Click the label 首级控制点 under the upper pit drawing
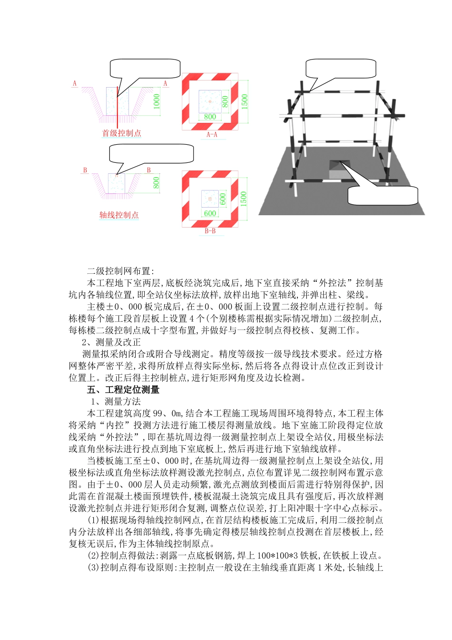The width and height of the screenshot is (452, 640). [x=122, y=133]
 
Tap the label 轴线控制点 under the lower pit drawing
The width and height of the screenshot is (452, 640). [x=119, y=215]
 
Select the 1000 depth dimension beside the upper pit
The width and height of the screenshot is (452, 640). [x=157, y=101]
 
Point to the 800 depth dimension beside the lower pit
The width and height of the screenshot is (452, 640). [x=157, y=183]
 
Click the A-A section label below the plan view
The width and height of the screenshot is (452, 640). [x=212, y=135]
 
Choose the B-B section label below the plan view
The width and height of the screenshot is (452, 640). [x=210, y=231]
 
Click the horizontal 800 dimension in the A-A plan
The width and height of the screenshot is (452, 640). [x=210, y=117]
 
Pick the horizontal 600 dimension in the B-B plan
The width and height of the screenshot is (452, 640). [x=210, y=213]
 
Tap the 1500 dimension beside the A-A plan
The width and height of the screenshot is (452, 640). [x=245, y=101]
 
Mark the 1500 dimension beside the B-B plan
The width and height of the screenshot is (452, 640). [x=244, y=198]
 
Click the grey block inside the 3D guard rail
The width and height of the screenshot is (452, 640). [x=338, y=170]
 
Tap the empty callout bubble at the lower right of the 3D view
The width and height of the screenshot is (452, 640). [x=383, y=195]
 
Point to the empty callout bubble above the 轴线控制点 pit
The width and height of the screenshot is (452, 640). [x=152, y=153]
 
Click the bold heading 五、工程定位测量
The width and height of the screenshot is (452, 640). [x=123, y=390]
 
